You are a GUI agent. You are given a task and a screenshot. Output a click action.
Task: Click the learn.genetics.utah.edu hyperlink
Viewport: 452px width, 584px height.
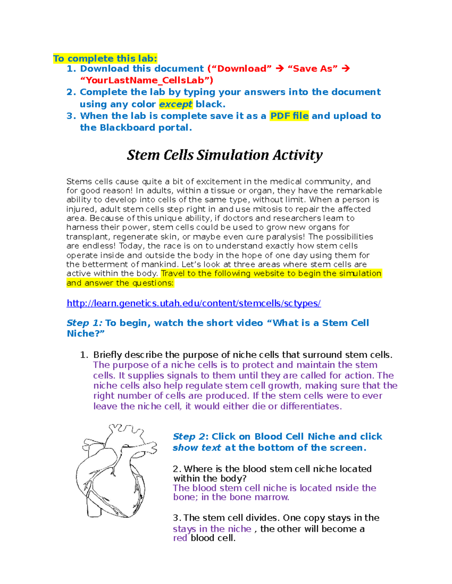click(194, 303)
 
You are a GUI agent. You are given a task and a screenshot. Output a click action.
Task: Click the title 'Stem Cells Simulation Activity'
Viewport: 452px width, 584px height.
click(224, 155)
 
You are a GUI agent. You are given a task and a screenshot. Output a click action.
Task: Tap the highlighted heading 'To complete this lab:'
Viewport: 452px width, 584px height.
click(105, 58)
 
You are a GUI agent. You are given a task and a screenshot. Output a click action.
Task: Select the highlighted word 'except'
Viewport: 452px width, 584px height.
click(176, 104)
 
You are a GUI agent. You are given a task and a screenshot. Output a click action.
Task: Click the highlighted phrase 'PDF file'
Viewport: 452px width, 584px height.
click(289, 116)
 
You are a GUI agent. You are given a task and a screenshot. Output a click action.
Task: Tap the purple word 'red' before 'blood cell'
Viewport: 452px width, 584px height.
click(180, 538)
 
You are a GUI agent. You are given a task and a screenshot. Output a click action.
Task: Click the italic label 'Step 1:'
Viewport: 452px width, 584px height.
click(84, 323)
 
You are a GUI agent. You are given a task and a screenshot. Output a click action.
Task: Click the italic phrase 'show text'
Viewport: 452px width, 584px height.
click(197, 448)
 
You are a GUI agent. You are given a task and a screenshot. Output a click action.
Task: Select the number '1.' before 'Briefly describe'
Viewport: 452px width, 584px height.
click(84, 355)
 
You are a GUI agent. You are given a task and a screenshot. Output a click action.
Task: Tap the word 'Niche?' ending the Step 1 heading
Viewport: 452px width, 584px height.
click(86, 334)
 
